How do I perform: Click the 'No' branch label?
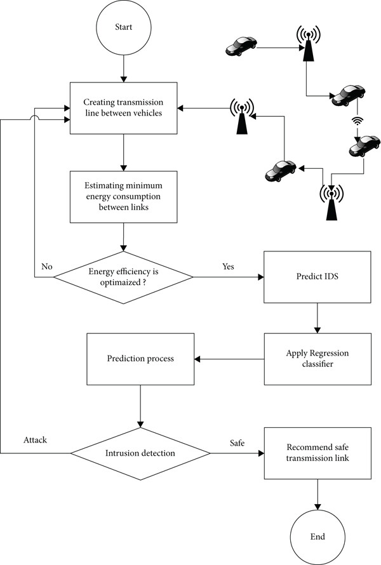click(47, 267)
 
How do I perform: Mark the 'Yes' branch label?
click(228, 267)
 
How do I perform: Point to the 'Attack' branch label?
click(36, 440)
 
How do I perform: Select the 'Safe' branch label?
click(237, 443)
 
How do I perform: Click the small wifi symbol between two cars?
click(357, 121)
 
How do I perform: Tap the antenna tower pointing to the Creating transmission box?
click(242, 116)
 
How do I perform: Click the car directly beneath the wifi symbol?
click(364, 146)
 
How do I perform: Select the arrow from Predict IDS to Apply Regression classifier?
click(317, 318)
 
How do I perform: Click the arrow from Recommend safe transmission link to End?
click(317, 495)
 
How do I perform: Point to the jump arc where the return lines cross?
click(34, 117)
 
